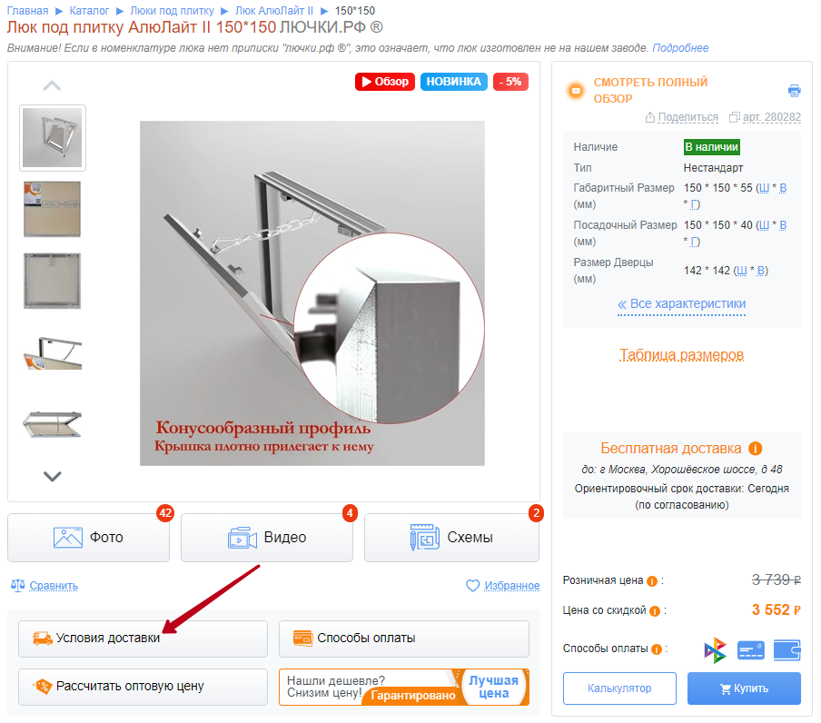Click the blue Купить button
click(744, 688)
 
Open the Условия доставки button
click(143, 639)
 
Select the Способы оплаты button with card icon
click(404, 639)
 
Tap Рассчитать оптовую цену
click(143, 687)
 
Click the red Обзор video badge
click(385, 82)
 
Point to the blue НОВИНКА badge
click(453, 82)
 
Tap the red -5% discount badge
click(510, 82)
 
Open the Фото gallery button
click(88, 538)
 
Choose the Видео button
click(267, 538)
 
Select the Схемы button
click(451, 538)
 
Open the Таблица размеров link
click(681, 355)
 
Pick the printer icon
click(795, 91)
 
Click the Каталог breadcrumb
click(89, 11)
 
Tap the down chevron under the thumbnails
click(52, 476)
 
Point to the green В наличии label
click(712, 147)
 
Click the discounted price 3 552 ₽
click(776, 609)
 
